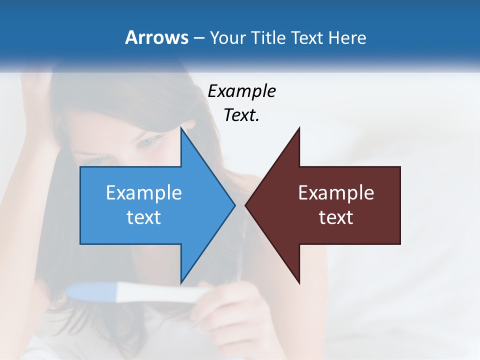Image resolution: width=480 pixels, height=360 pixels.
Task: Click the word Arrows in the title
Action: click(156, 37)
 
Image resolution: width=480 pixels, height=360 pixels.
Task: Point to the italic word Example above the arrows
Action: click(241, 91)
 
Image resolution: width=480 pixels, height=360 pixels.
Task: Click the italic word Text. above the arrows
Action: click(241, 115)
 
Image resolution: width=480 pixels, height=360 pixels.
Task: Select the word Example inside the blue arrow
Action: click(144, 193)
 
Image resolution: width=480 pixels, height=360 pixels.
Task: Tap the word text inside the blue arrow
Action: click(144, 217)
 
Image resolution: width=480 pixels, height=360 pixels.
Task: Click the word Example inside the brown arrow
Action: click(336, 193)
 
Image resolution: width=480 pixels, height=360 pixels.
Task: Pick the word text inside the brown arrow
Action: click(336, 217)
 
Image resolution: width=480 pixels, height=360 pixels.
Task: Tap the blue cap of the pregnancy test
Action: click(92, 291)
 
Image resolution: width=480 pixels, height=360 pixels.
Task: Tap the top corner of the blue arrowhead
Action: click(181, 129)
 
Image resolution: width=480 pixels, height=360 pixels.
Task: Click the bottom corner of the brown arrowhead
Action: click(299, 282)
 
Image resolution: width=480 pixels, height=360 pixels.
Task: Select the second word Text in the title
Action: click(307, 37)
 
